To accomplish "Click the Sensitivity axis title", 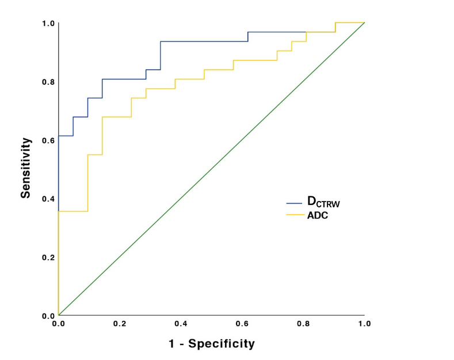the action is (26, 168).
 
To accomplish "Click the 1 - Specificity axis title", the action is (212, 343).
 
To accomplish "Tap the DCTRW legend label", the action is (323, 202).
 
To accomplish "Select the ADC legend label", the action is (318, 215).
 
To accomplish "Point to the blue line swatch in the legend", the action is (294, 203).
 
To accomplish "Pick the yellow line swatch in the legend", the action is (295, 215).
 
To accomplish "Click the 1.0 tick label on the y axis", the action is (48, 24).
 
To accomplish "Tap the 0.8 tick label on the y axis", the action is (48, 82).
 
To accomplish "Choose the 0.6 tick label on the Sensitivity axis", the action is (48, 141).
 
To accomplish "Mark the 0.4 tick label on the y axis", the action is (48, 199).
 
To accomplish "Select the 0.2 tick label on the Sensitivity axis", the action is (48, 257).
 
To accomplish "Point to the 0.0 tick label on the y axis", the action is (48, 316).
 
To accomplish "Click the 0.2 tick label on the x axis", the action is (120, 324).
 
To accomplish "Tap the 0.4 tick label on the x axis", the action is (181, 324).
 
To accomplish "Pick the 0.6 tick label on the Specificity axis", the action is (242, 324).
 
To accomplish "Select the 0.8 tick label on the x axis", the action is (303, 324).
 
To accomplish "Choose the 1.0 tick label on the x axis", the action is (365, 324).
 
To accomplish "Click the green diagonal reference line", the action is (212, 169).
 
